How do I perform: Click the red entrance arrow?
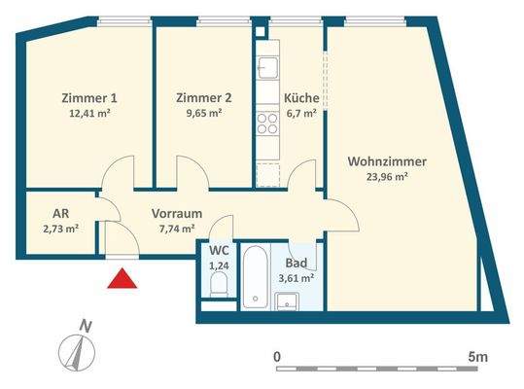[x=121, y=279]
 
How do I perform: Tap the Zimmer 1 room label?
[x=88, y=97]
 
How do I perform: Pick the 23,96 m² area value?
[x=385, y=177]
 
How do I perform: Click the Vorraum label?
[x=177, y=213]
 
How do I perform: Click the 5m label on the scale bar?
[x=476, y=357]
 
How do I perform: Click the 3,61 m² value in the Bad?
[x=297, y=277]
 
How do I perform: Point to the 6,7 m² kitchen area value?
[x=301, y=113]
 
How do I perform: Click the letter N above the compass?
[x=85, y=325]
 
